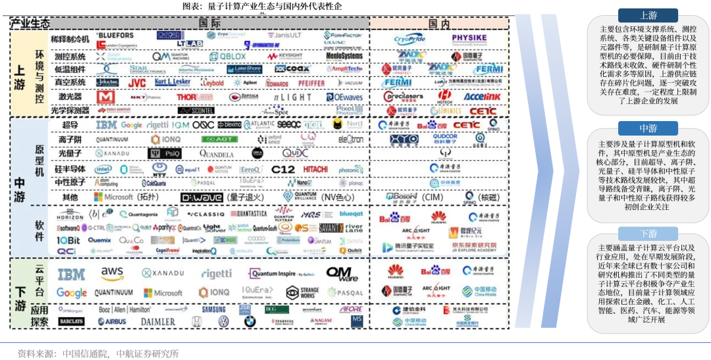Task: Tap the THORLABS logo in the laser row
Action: tap(195, 97)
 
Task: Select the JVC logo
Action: tap(136, 83)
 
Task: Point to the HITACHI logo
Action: tap(315, 169)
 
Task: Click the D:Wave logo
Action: tap(203, 197)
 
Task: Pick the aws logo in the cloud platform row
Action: tap(113, 272)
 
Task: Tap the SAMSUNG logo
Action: tap(214, 309)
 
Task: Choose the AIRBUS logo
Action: tap(111, 322)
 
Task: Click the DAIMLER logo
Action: tap(157, 322)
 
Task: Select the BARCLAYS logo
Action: tap(71, 321)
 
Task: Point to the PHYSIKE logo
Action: tap(469, 38)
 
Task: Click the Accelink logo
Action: tap(482, 97)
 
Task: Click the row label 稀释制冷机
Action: tap(71, 39)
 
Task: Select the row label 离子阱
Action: tap(70, 140)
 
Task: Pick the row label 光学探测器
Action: tap(71, 111)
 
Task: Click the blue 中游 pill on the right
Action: tap(648, 128)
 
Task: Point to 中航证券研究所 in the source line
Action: tap(147, 353)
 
